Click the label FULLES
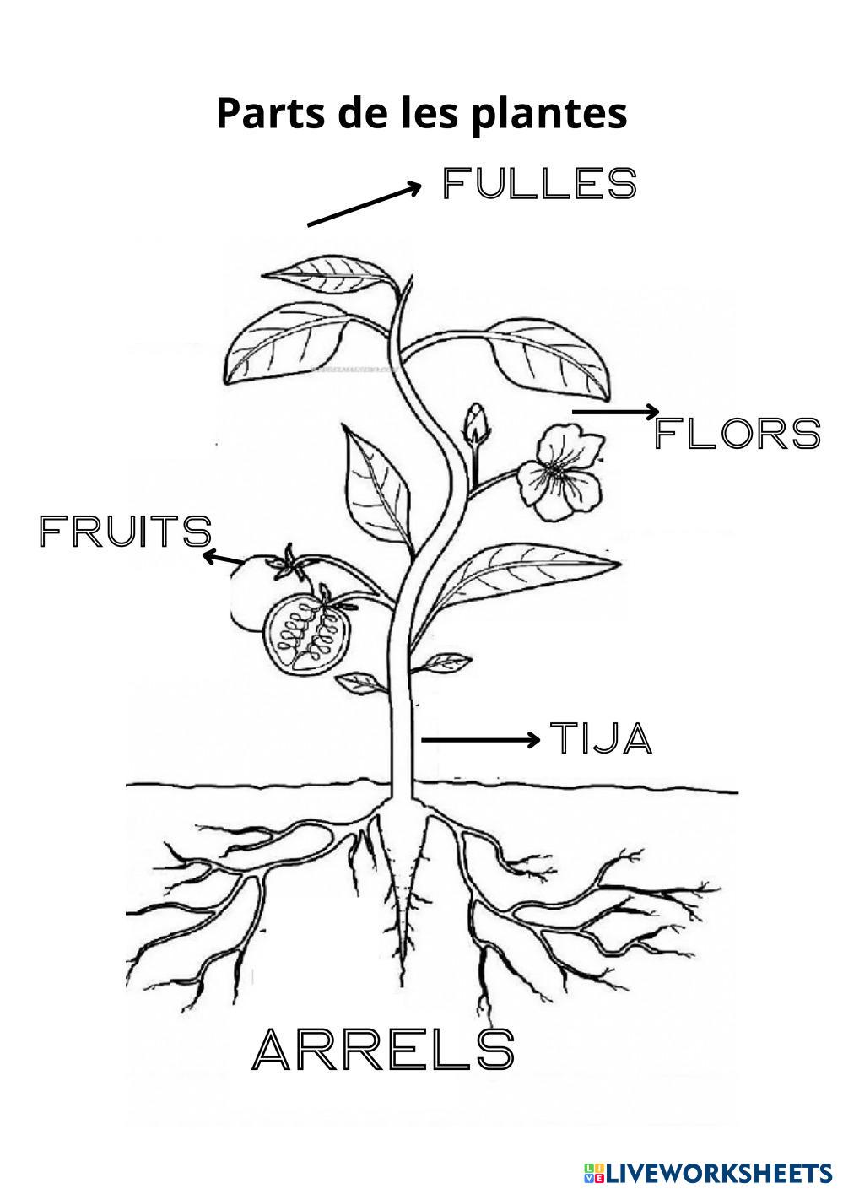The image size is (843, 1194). [539, 184]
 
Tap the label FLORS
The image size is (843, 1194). [737, 434]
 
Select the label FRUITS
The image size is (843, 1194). [125, 532]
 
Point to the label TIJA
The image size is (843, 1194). [602, 738]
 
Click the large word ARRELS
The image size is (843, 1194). [383, 1050]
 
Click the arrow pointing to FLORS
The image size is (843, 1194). [615, 412]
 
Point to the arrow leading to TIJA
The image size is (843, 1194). [480, 740]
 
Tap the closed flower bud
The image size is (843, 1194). [478, 423]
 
